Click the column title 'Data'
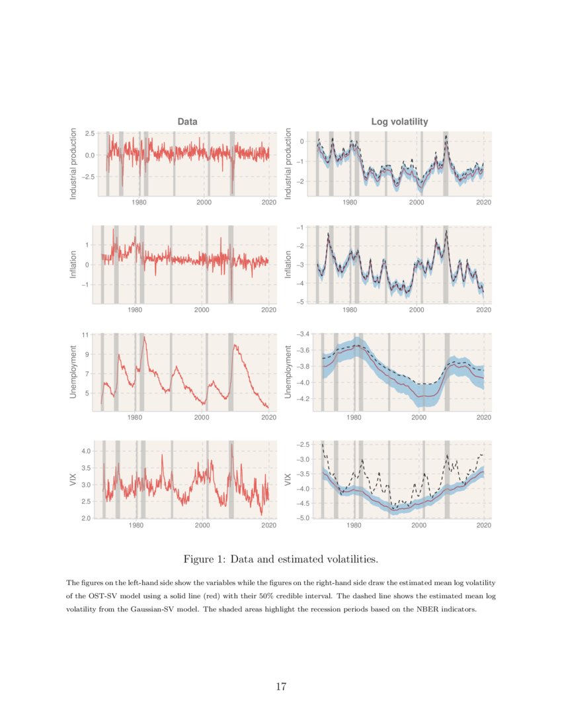[187, 122]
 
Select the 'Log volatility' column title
[400, 122]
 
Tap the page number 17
[281, 686]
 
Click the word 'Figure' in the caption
[202, 560]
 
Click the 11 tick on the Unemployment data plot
[85, 335]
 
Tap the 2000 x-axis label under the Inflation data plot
[202, 310]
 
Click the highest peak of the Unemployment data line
[144, 338]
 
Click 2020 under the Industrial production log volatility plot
[483, 203]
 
